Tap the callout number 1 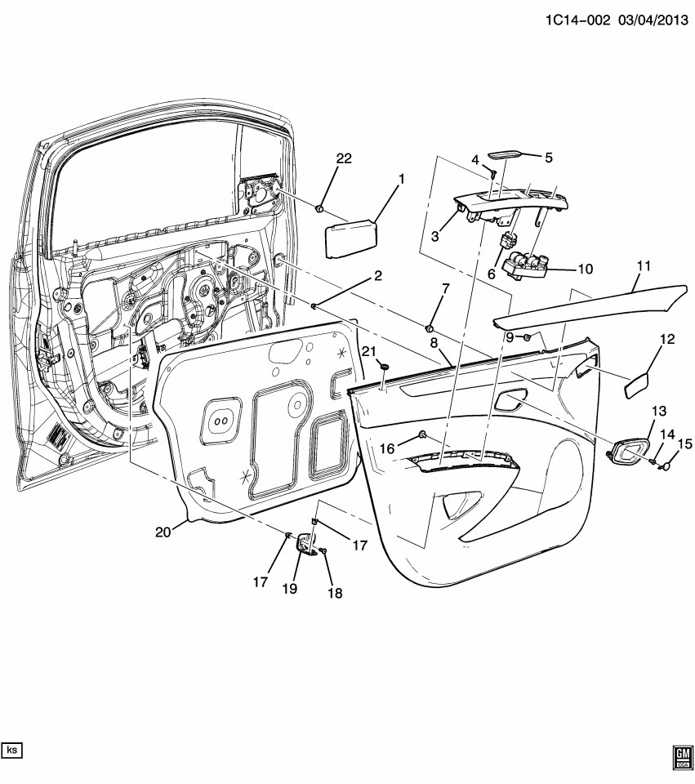[400, 177]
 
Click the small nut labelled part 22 [321, 209]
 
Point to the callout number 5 [549, 157]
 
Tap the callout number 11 [644, 265]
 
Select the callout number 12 [667, 339]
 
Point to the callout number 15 [684, 443]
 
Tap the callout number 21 [368, 350]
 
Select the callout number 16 [385, 448]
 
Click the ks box [13, 749]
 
